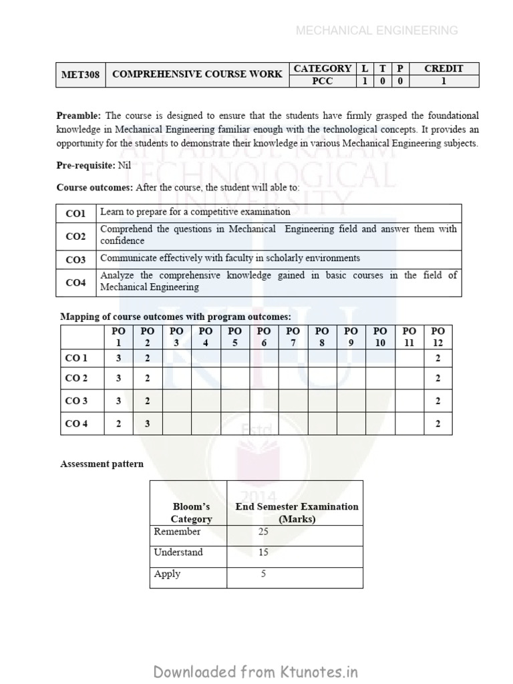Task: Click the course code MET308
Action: [x=80, y=75]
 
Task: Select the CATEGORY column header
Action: [x=323, y=68]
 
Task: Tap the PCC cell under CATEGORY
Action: [x=323, y=81]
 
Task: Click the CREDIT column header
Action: [x=444, y=68]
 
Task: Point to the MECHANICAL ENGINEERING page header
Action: [x=377, y=30]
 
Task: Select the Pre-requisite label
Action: [x=85, y=165]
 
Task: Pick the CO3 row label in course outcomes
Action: [x=75, y=259]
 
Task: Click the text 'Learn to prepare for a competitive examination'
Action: [x=195, y=212]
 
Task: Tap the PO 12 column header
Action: [x=438, y=337]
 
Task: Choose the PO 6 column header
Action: [x=264, y=337]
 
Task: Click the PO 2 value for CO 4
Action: [x=148, y=423]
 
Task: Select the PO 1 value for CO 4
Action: [x=119, y=423]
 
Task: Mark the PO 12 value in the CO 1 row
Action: [x=438, y=358]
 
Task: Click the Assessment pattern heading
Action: [x=102, y=464]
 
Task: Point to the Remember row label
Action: [x=177, y=532]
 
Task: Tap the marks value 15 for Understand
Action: [x=264, y=552]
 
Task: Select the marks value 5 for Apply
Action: [x=264, y=574]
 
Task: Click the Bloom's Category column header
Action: [x=191, y=512]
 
